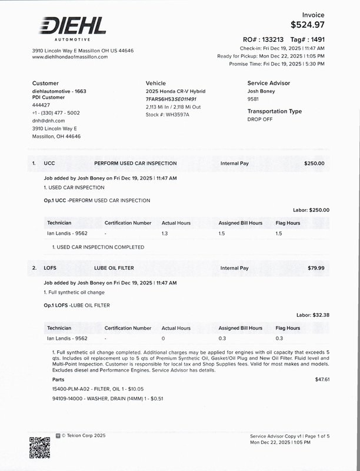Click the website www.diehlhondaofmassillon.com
70,57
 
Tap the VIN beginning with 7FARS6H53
171,99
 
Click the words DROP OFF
260,119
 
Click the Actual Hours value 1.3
165,234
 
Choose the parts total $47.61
322,379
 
